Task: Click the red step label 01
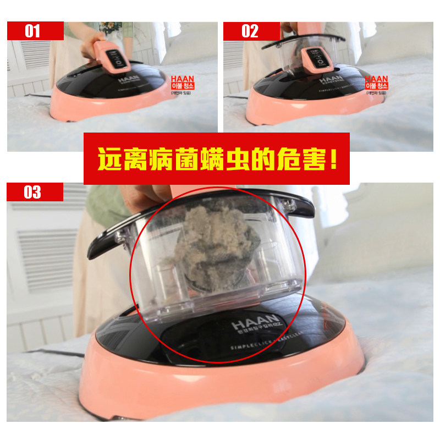point(33,31)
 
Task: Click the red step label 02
point(250,31)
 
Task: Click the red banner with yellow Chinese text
point(217,158)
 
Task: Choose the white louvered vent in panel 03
point(47,253)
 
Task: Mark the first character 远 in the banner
point(108,158)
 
